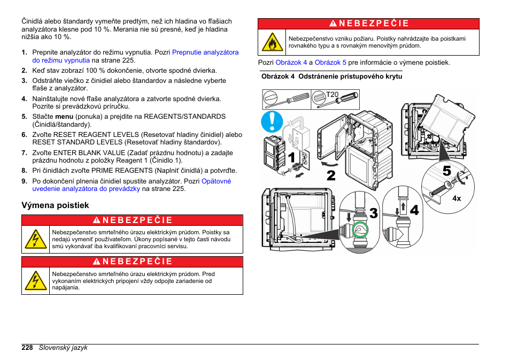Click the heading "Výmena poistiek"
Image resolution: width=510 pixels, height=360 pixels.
tap(55, 205)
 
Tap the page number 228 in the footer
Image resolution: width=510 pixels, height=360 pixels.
tap(27, 347)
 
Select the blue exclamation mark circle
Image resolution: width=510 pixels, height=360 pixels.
tap(273, 122)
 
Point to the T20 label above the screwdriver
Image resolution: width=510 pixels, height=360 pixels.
tap(333, 95)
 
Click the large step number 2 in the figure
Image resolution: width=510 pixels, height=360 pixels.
tap(331, 174)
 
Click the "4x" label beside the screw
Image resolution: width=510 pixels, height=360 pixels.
tap(457, 198)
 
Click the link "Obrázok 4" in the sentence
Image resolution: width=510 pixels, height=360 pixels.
tap(291, 63)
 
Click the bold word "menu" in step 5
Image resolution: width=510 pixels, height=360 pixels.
tap(64, 116)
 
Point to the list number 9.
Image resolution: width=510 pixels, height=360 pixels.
tap(24, 181)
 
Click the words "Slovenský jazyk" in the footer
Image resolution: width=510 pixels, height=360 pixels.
tap(63, 347)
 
